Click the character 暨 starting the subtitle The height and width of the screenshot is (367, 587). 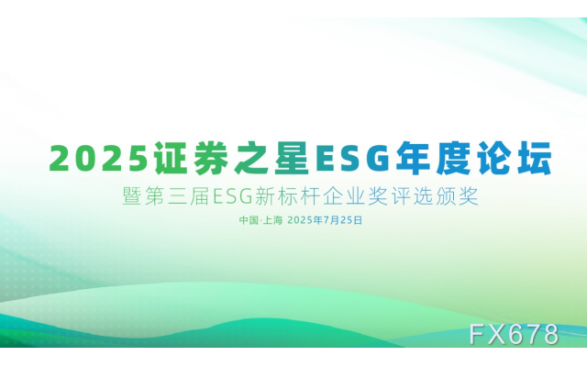(118, 195)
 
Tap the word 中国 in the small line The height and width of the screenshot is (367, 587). (248, 220)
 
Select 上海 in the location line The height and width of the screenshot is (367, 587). (273, 220)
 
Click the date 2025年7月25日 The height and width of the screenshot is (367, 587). (326, 220)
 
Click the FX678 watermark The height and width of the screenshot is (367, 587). (514, 335)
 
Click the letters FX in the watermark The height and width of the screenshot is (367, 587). (488, 335)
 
